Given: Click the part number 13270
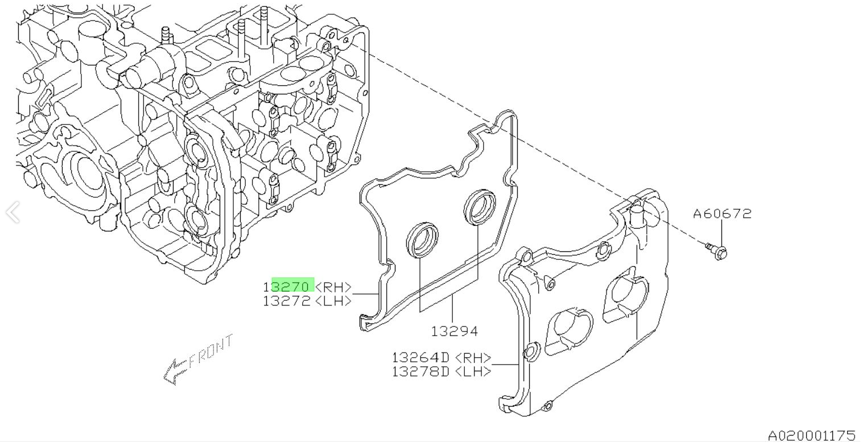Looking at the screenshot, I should pyautogui.click(x=288, y=286).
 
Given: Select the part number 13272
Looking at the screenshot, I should pyautogui.click(x=288, y=301).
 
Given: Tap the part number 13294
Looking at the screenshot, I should pyautogui.click(x=453, y=330).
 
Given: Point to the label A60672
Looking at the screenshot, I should pyautogui.click(x=721, y=214).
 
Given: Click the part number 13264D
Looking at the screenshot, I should pyautogui.click(x=420, y=358).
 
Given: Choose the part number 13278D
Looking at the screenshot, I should pyautogui.click(x=420, y=371).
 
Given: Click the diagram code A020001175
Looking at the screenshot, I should pyautogui.click(x=811, y=436).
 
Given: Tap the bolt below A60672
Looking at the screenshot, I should pyautogui.click(x=717, y=250).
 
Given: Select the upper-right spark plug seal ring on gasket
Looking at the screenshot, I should pyautogui.click(x=480, y=206).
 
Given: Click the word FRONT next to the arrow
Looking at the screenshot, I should pyautogui.click(x=211, y=353).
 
